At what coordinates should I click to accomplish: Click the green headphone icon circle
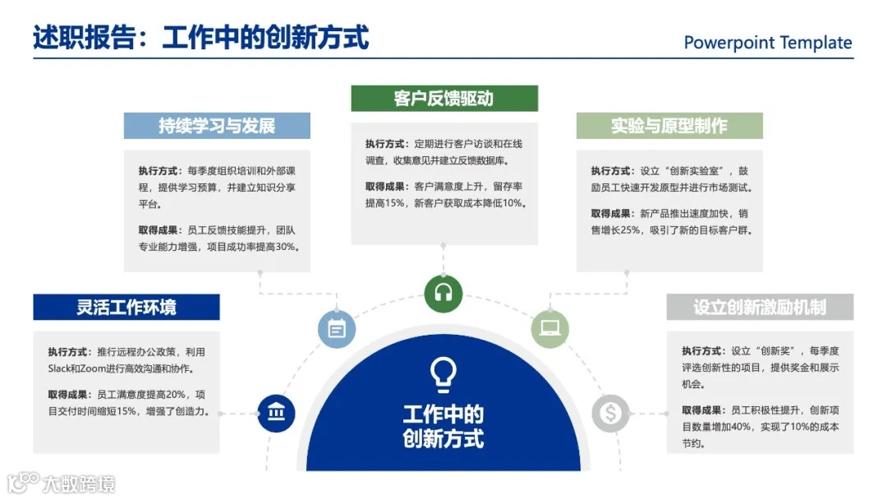[443, 293]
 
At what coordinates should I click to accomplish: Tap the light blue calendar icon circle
[337, 329]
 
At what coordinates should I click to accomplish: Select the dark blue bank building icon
[276, 413]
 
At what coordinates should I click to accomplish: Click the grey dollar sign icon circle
[610, 413]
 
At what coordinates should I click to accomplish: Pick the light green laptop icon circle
[549, 329]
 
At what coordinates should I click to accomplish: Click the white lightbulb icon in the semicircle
[443, 374]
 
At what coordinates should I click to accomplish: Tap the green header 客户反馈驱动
[444, 99]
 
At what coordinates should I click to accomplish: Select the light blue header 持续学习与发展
[217, 126]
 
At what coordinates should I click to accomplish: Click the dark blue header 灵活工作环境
[126, 308]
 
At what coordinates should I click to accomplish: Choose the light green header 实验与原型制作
[669, 126]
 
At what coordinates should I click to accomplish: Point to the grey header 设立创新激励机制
[760, 308]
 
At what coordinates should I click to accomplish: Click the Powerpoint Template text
[768, 43]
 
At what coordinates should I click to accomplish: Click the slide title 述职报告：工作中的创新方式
[201, 38]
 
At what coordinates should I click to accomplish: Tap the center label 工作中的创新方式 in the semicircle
[443, 425]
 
